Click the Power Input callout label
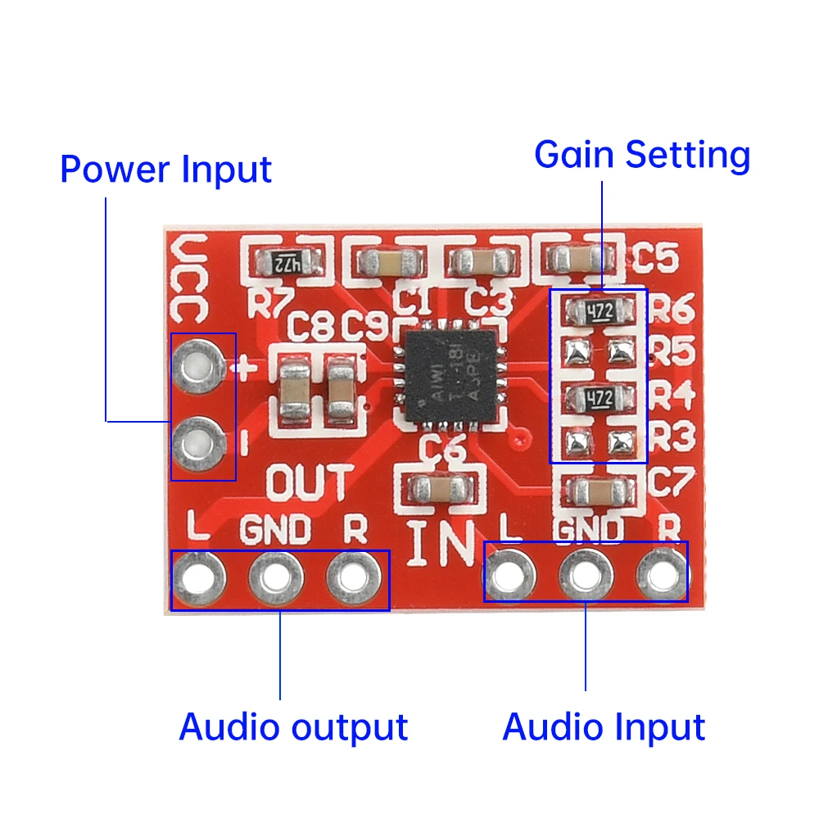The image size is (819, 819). [165, 170]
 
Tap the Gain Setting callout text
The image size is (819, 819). [642, 155]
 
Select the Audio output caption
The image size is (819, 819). [293, 726]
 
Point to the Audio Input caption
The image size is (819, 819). [604, 726]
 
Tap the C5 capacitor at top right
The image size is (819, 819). [579, 259]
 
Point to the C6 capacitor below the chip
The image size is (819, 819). [442, 491]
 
